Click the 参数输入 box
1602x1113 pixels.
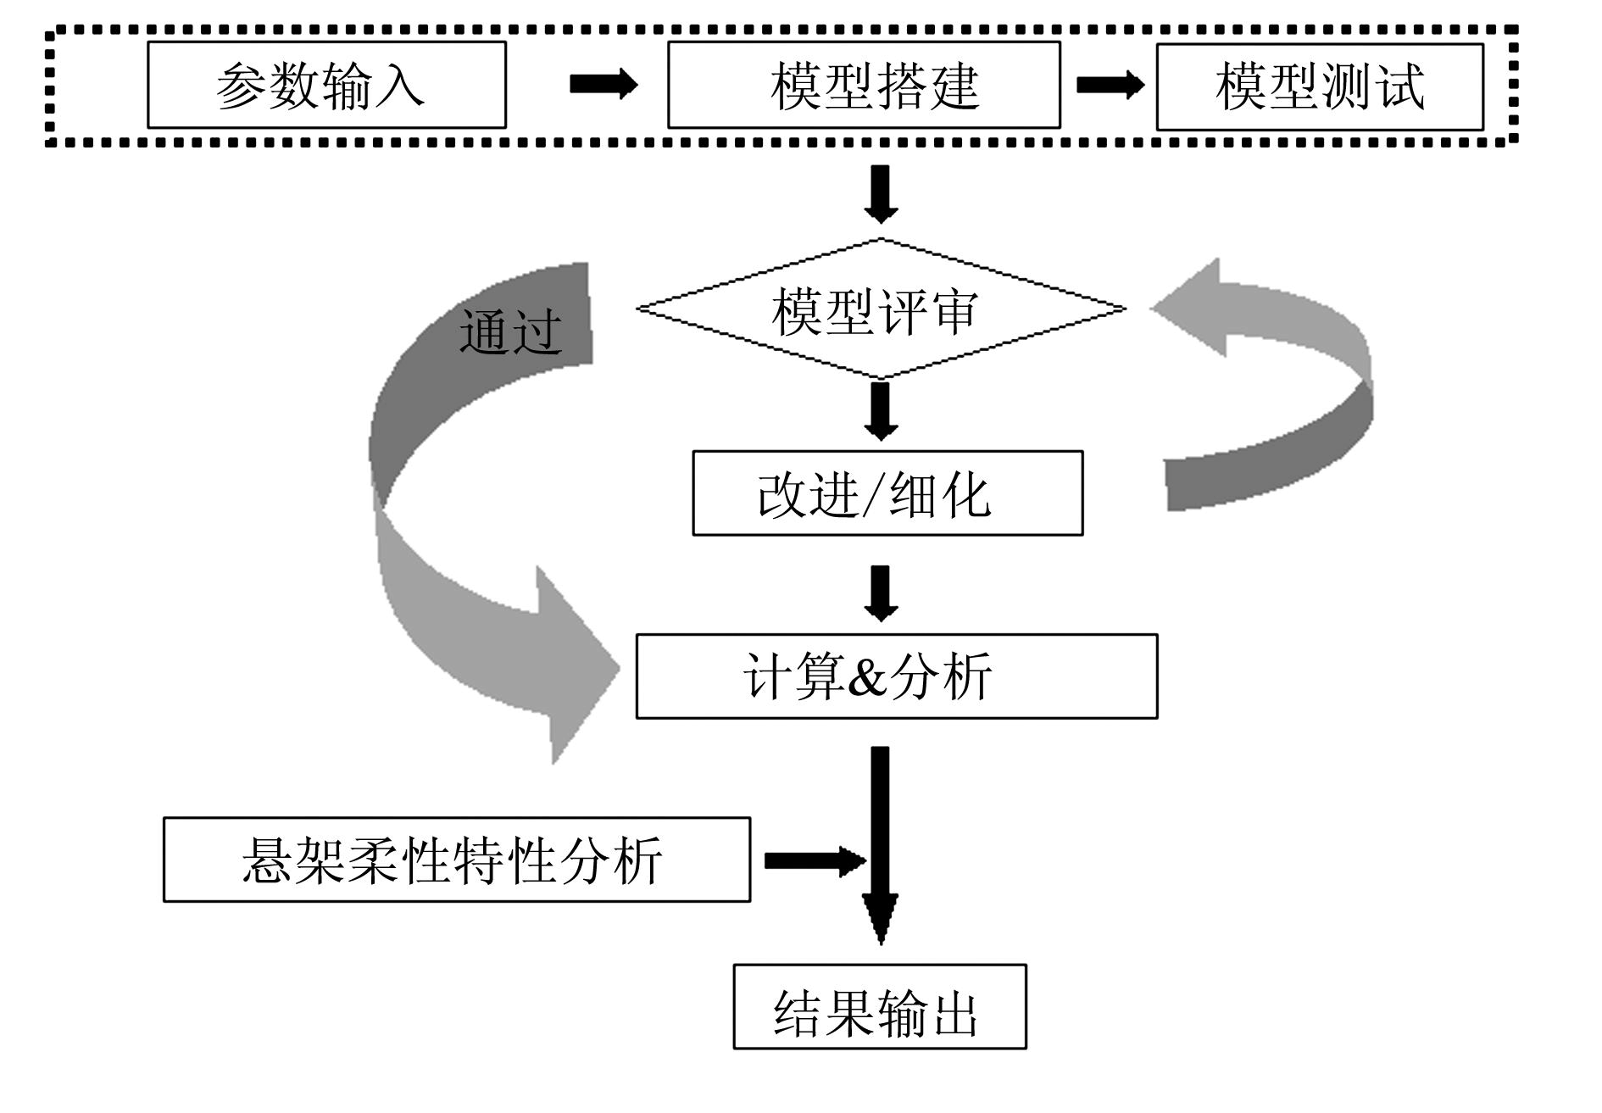point(326,85)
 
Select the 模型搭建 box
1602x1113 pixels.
point(864,85)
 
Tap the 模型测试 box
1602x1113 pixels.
point(1320,86)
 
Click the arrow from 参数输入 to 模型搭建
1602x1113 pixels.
point(603,84)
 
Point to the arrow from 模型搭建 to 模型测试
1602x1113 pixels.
point(1110,85)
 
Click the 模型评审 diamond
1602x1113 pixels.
point(881,309)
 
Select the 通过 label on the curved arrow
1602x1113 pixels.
point(510,331)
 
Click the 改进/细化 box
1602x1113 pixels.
point(887,493)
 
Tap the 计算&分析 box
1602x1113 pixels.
point(896,676)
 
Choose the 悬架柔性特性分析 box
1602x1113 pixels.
point(456,860)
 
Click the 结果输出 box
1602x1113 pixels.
point(879,1007)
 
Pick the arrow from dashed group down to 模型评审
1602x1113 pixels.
point(881,193)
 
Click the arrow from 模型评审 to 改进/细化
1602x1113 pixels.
point(881,411)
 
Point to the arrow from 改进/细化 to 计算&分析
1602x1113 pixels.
point(881,593)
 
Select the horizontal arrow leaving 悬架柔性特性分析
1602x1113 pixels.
point(814,861)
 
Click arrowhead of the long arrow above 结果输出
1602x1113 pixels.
point(881,920)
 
